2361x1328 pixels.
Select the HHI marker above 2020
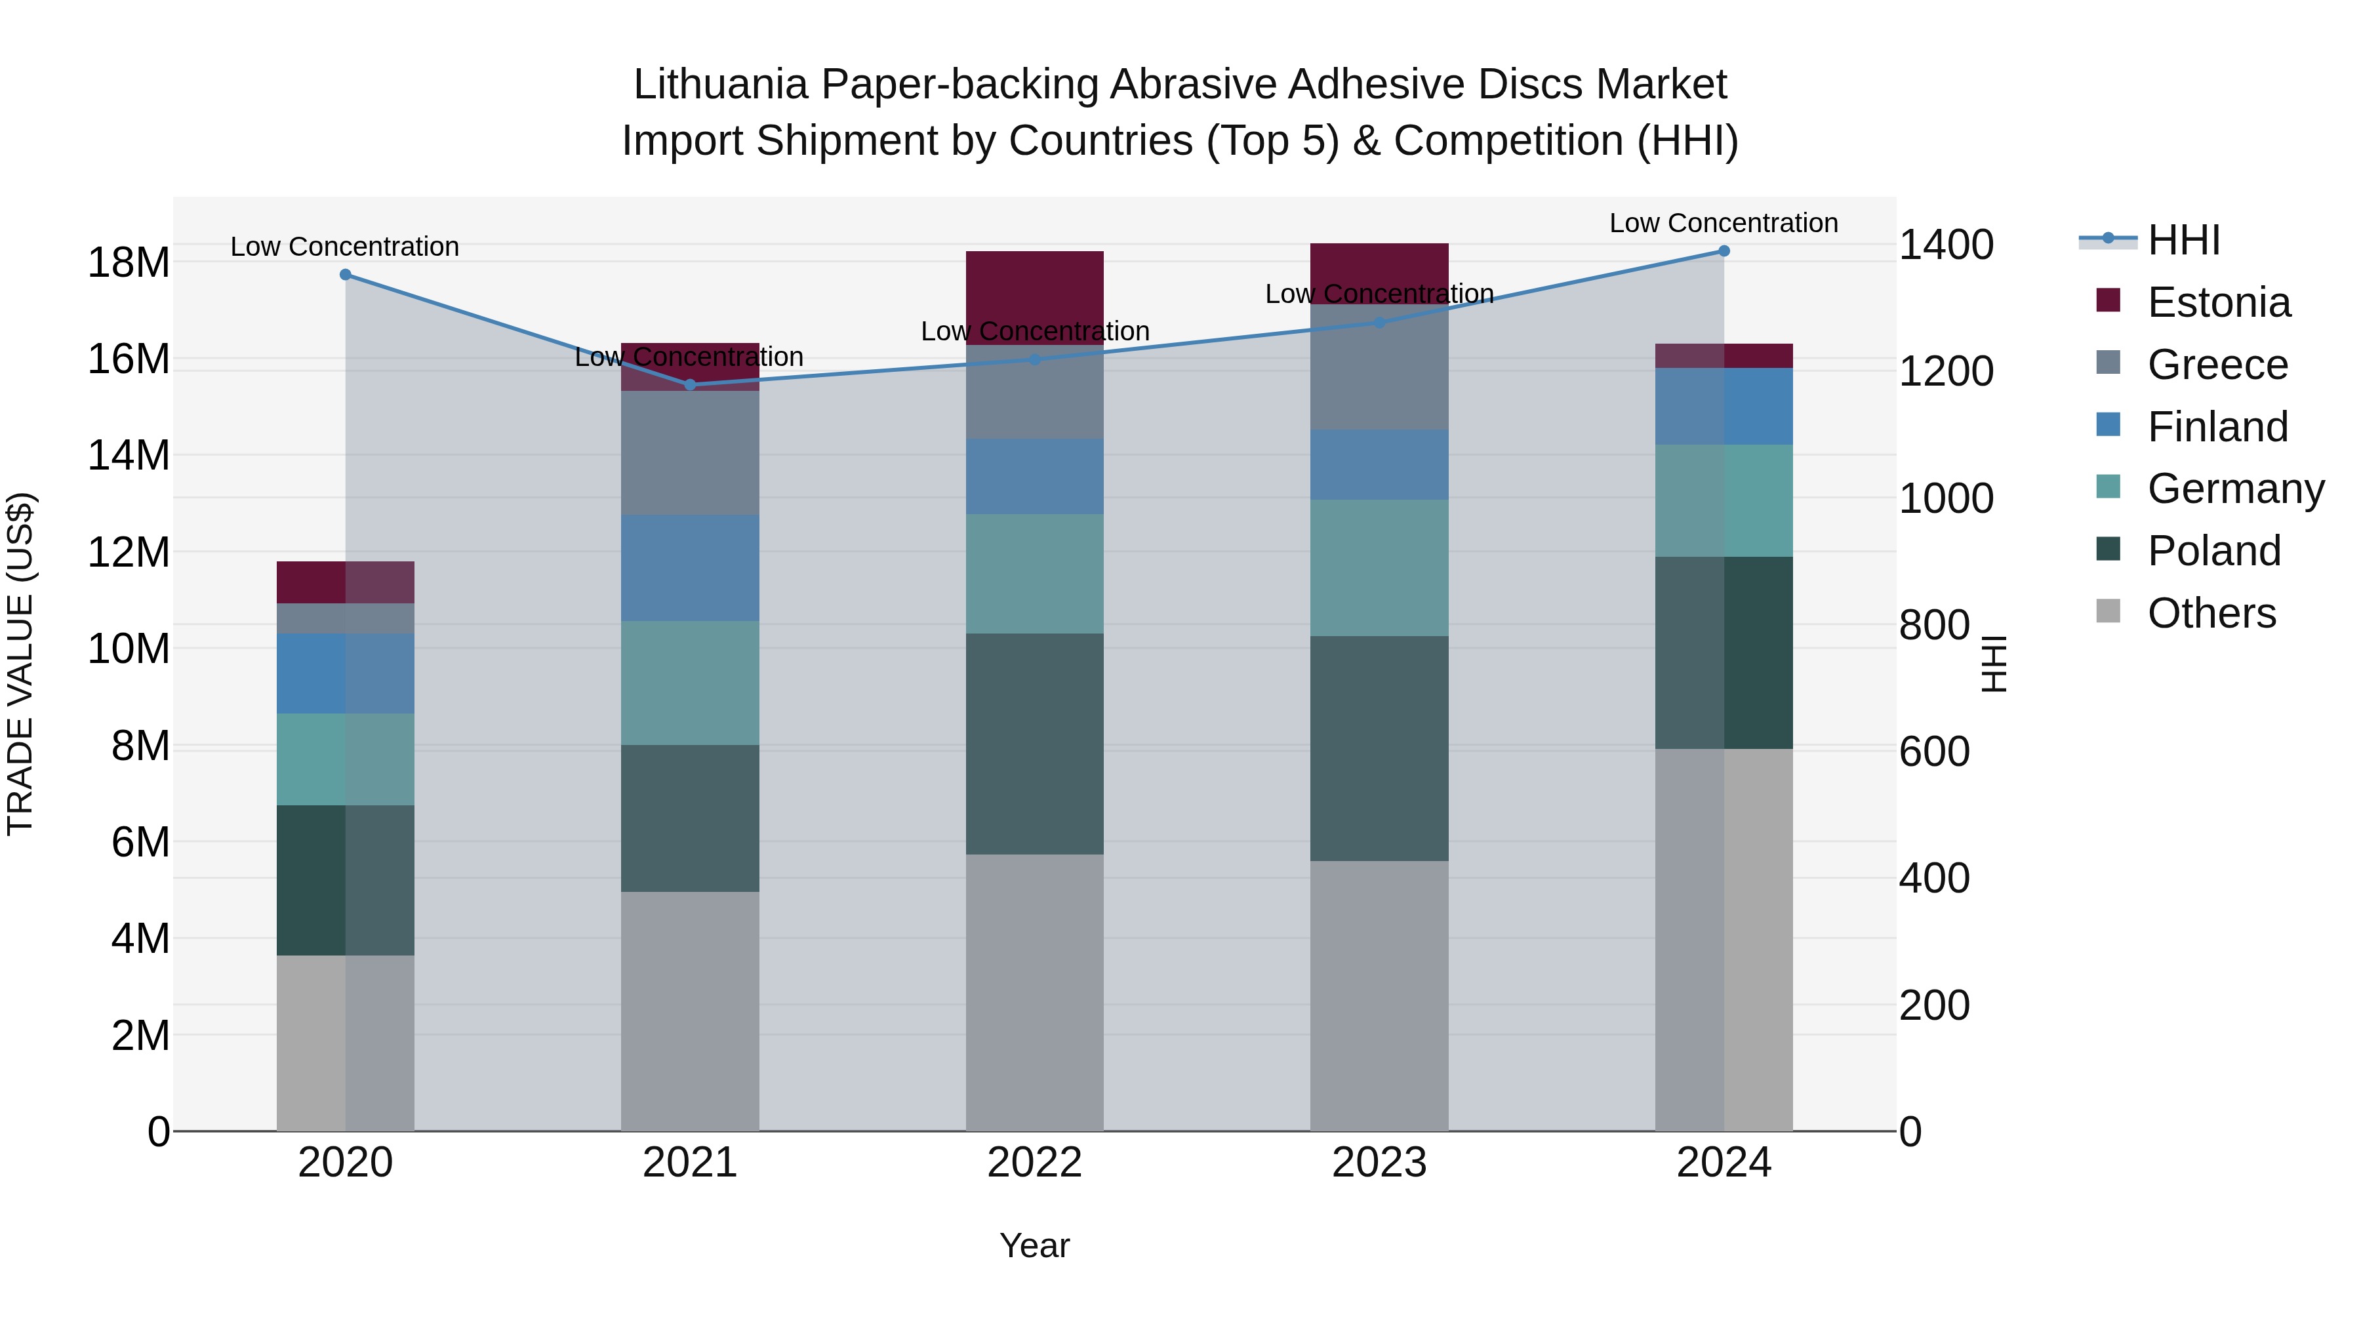click(x=346, y=275)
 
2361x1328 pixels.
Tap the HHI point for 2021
click(x=690, y=385)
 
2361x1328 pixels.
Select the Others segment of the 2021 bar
click(x=690, y=1011)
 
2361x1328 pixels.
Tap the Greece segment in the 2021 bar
click(x=690, y=453)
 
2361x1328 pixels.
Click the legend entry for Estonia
click(x=2217, y=302)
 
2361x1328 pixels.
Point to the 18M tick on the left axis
click(x=129, y=263)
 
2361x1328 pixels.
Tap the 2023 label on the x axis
click(x=1379, y=1163)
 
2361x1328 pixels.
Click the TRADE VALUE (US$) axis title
click(x=20, y=664)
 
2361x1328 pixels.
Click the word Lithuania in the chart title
click(x=720, y=85)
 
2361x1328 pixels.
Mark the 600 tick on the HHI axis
click(x=1934, y=752)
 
